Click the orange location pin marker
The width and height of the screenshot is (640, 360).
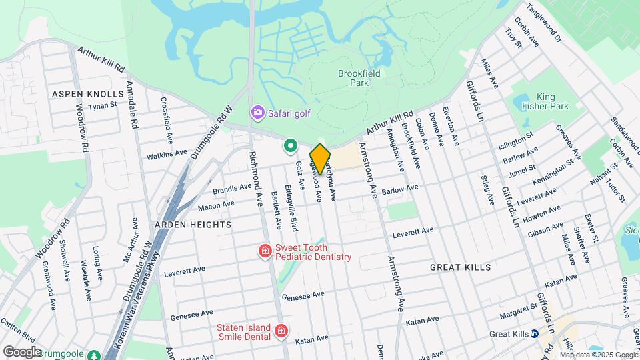tap(320, 159)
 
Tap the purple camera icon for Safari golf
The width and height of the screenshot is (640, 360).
tap(257, 113)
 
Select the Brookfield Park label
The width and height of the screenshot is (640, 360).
tap(359, 78)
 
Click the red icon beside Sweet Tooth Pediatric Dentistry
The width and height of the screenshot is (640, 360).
tap(265, 251)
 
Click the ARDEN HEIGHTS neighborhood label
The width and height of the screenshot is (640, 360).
tap(193, 225)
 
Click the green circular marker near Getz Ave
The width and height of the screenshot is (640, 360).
tap(290, 145)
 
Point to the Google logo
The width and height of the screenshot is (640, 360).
tap(22, 351)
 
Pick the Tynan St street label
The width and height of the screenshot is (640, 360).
tap(103, 105)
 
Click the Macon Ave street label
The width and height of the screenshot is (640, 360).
tap(216, 205)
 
